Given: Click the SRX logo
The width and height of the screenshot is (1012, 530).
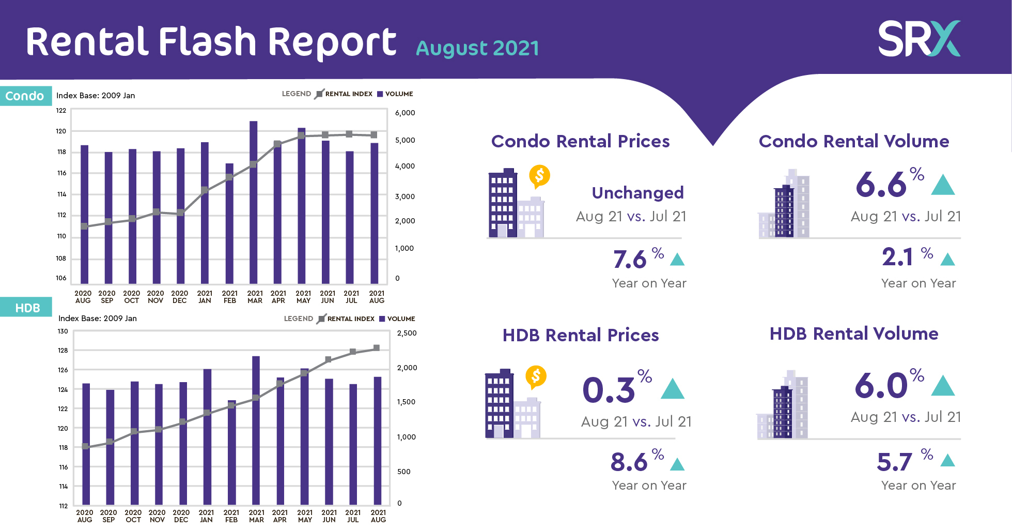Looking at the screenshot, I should tap(918, 39).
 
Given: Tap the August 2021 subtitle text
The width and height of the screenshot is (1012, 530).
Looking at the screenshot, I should tap(477, 49).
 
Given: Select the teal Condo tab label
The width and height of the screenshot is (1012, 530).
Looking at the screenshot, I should tap(25, 96).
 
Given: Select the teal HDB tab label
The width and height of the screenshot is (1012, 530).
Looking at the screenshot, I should tap(27, 308).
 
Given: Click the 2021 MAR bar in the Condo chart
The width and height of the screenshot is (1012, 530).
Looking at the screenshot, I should tap(253, 202).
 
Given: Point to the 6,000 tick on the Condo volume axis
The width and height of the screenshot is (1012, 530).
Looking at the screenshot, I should tap(405, 113).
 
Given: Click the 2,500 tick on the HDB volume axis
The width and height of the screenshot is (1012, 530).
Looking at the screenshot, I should tap(407, 333).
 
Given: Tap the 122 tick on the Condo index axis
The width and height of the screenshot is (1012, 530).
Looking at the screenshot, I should tap(61, 110).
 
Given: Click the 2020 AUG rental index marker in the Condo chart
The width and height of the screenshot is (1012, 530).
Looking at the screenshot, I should tap(84, 226).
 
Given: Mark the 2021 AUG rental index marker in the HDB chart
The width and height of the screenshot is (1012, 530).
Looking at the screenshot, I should tap(377, 348).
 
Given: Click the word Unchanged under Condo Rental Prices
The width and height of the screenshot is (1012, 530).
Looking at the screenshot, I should tap(637, 193).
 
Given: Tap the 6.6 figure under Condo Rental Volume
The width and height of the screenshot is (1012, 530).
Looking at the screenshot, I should tap(881, 185).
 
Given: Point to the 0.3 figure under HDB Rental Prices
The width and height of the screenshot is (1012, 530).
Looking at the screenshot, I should tap(608, 390).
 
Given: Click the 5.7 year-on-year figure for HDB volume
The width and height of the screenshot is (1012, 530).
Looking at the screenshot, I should tap(894, 462).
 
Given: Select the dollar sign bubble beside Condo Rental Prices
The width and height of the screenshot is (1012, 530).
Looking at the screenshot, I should tap(539, 176).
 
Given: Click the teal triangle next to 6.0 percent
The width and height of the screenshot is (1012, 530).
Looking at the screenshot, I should tap(943, 386).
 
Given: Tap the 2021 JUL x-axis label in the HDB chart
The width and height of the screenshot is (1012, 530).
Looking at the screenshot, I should tap(353, 516).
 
